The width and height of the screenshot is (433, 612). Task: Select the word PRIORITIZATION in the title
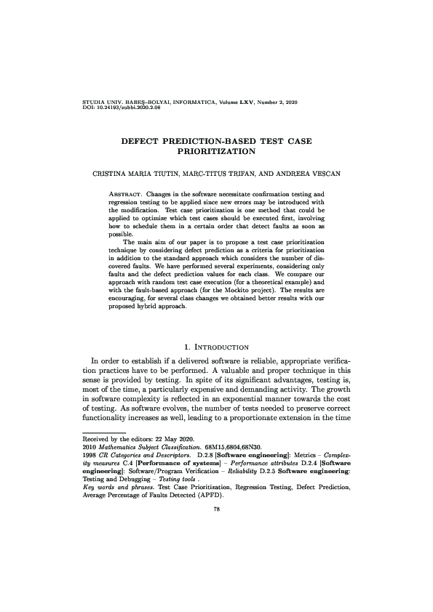coord(216,153)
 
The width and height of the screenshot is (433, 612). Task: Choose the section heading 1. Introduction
coord(216,345)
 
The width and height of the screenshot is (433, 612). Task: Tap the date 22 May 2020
coord(157,439)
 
